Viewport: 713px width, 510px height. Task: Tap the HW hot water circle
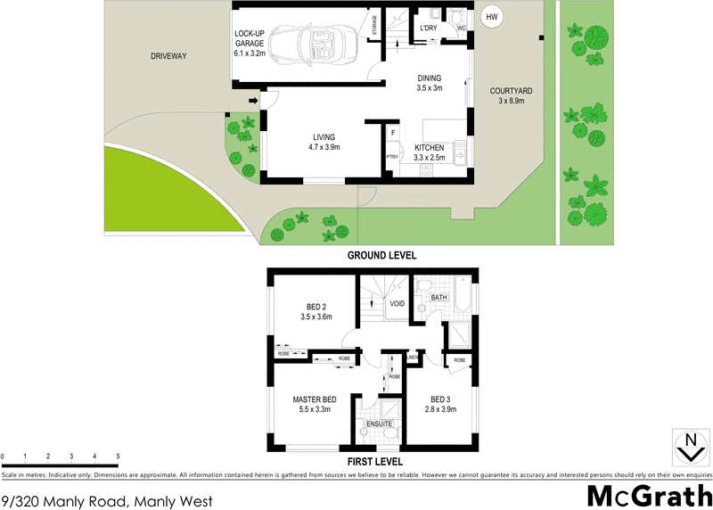[490, 17]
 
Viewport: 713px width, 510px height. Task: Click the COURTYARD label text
[511, 91]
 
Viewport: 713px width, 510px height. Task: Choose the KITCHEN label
[429, 148]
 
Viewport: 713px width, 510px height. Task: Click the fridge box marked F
[392, 134]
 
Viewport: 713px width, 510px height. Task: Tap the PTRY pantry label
[391, 157]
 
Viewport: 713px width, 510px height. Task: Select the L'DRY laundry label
[429, 29]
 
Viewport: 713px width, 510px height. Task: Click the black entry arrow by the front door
[252, 101]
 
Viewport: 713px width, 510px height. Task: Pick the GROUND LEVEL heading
[381, 255]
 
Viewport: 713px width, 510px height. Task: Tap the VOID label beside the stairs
[397, 303]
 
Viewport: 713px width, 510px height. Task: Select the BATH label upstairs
[438, 297]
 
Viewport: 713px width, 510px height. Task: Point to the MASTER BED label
[313, 399]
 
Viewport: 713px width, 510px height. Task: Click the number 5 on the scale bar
[118, 457]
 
